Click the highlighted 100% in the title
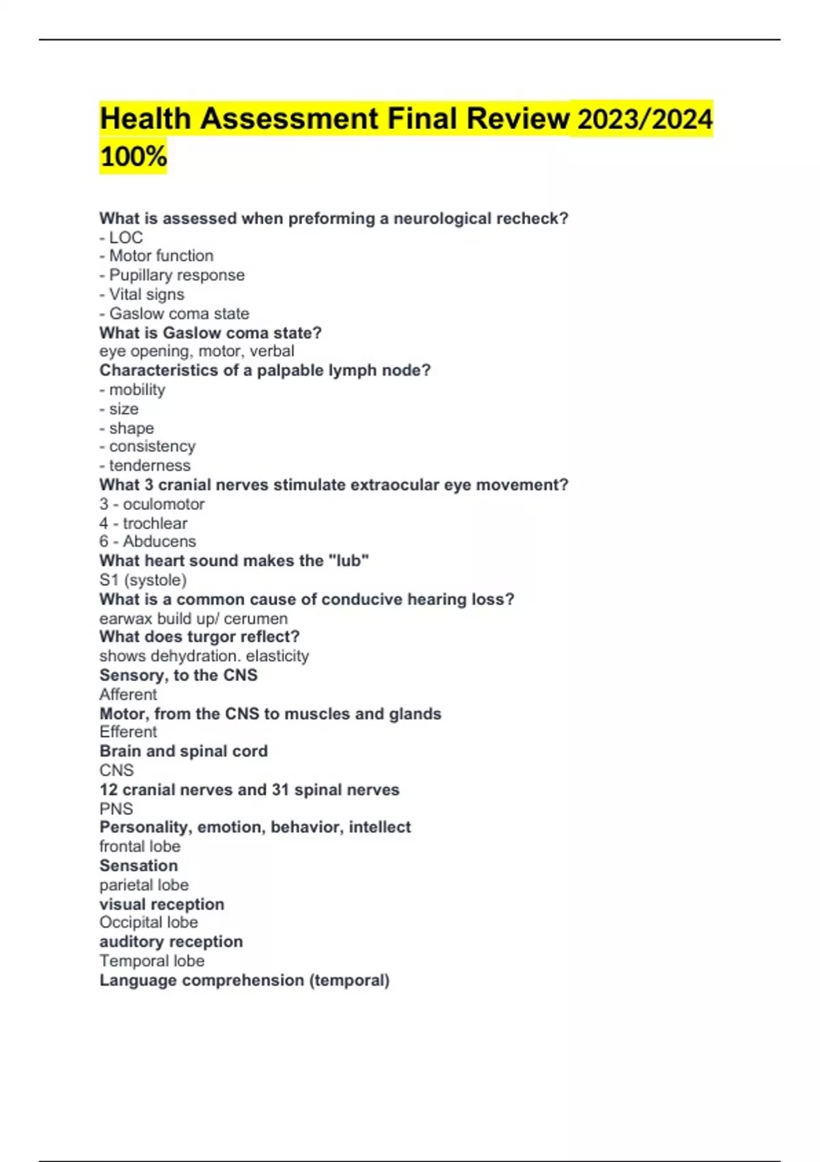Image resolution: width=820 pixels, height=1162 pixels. pyautogui.click(x=133, y=157)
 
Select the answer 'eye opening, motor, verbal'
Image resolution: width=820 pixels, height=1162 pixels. pyautogui.click(x=197, y=351)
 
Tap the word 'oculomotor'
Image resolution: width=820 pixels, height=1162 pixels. pyautogui.click(x=163, y=504)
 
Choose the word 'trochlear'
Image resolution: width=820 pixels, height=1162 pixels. pyautogui.click(x=154, y=524)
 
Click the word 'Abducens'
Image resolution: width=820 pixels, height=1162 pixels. pyautogui.click(x=159, y=541)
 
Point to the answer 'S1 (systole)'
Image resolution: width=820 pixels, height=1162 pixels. pyautogui.click(x=143, y=580)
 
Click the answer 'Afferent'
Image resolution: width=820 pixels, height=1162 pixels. pyautogui.click(x=128, y=694)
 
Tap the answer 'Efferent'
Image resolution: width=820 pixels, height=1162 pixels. pyautogui.click(x=128, y=732)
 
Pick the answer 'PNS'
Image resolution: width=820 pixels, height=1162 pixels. pyautogui.click(x=116, y=809)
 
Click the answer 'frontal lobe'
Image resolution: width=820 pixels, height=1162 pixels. pyautogui.click(x=140, y=846)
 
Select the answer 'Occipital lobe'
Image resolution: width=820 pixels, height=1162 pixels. pyautogui.click(x=148, y=923)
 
